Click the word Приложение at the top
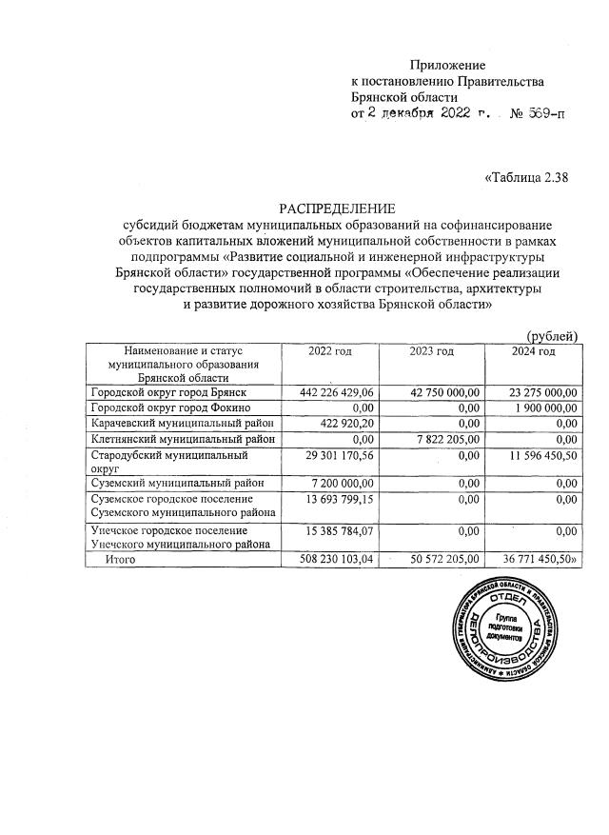447,66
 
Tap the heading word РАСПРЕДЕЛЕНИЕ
336,209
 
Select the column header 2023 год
432,352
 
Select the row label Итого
120,561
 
